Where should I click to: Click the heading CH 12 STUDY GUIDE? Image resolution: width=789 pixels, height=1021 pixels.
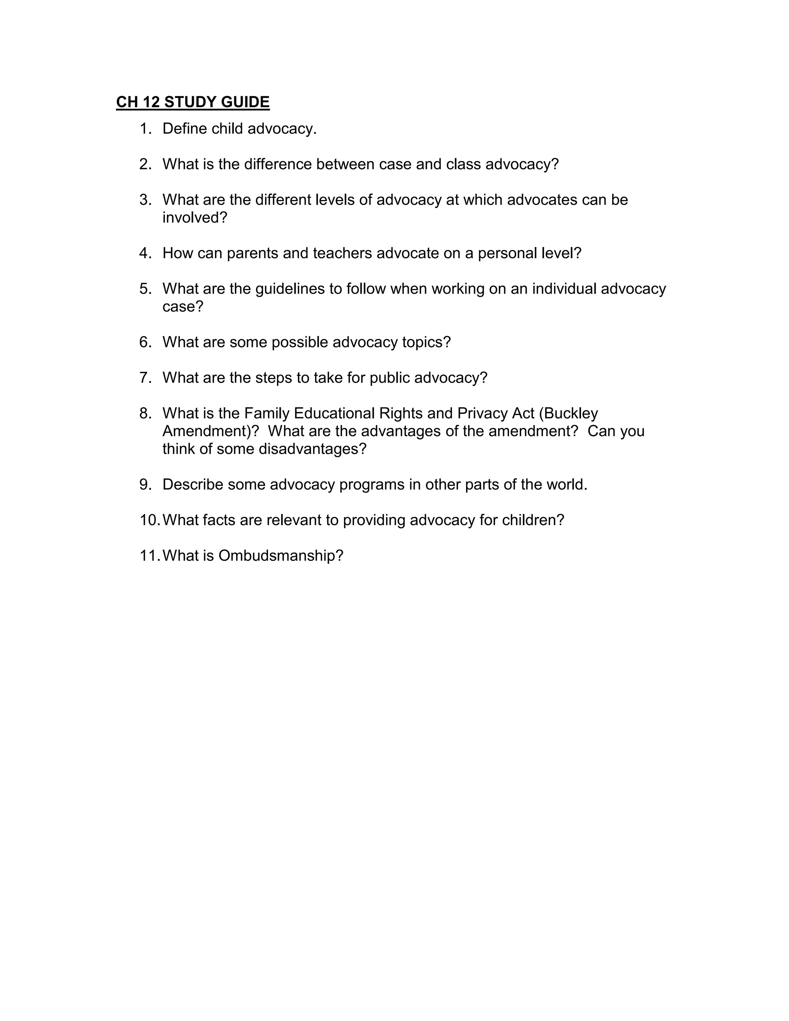click(x=193, y=102)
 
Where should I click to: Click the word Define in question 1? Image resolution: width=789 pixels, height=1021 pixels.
click(x=185, y=129)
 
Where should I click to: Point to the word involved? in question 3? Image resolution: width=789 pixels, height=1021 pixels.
click(x=195, y=218)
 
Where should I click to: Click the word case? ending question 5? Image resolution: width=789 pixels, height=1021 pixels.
click(x=183, y=307)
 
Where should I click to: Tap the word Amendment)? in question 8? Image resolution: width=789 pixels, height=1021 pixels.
click(x=210, y=431)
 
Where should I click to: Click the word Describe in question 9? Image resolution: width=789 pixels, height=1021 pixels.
click(x=193, y=484)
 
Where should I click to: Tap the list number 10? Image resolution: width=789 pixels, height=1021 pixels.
click(x=149, y=520)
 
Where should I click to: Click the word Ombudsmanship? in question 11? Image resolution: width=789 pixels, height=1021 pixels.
click(x=280, y=555)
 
